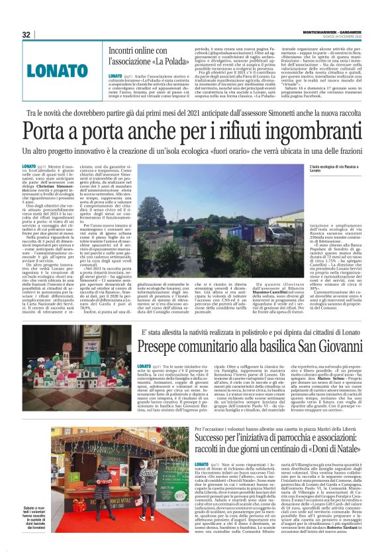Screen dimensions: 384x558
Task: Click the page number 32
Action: point(26,34)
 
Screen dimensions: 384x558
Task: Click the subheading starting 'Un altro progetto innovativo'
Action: point(192,154)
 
